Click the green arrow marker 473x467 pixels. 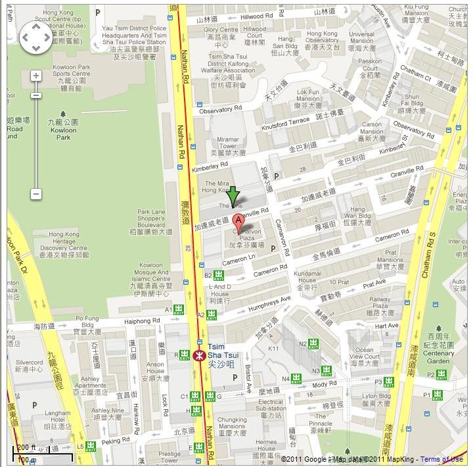tap(233, 195)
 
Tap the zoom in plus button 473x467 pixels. tap(35, 76)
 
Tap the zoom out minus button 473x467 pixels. tap(35, 194)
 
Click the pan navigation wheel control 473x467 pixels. tap(35, 37)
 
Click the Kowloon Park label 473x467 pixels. tap(63, 125)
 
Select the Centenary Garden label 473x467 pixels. tap(438, 349)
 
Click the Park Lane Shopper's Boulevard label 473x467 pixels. tap(151, 221)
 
